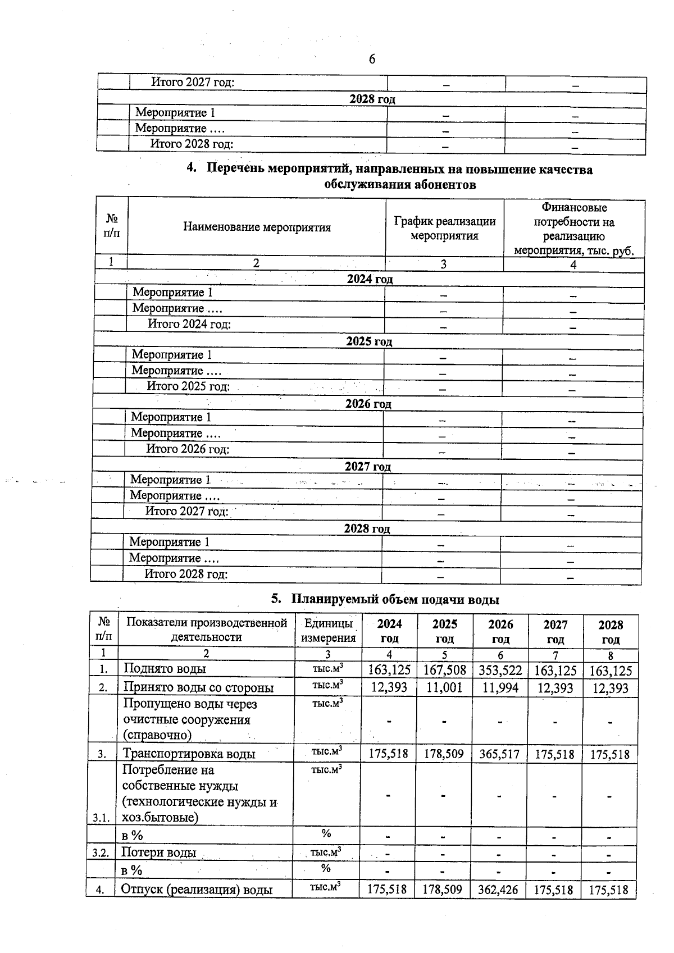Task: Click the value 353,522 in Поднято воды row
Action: tap(500, 671)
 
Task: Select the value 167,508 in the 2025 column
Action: tap(444, 671)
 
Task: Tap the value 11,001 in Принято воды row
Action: tap(444, 688)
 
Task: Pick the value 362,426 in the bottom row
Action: tap(499, 890)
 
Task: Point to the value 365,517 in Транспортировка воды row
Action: tap(499, 754)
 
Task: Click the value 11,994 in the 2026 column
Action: tap(500, 688)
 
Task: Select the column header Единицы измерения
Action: tap(329, 631)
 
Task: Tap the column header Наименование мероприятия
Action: tap(257, 227)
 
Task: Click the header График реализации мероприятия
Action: tap(445, 229)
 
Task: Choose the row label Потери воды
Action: tap(158, 852)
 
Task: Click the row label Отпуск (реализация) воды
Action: tap(197, 890)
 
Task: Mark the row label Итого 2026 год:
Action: tap(188, 449)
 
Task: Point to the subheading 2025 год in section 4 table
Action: tap(369, 341)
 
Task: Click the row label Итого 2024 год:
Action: tap(189, 324)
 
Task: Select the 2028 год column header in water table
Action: tap(611, 632)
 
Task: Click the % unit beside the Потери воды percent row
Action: tap(326, 868)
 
